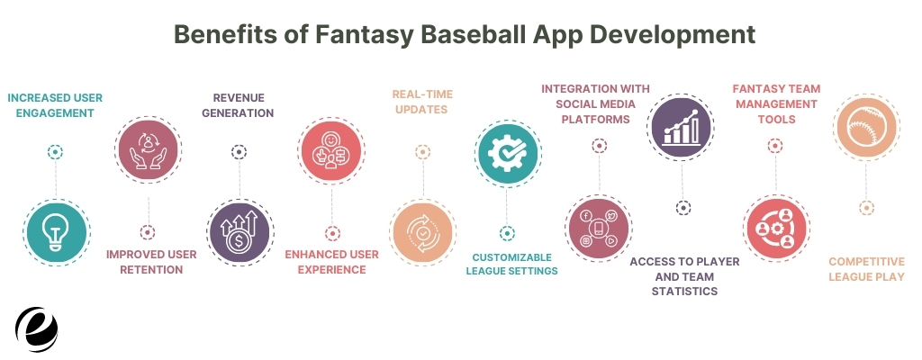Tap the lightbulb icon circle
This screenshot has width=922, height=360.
(57, 232)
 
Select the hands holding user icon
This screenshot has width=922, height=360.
(149, 149)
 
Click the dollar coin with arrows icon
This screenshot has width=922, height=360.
(240, 232)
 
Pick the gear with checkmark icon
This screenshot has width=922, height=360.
(508, 154)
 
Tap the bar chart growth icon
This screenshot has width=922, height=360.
(681, 127)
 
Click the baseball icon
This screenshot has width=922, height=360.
(865, 127)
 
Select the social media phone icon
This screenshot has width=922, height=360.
(599, 229)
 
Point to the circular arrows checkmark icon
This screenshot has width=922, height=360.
(423, 232)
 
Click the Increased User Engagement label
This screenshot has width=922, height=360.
(55, 105)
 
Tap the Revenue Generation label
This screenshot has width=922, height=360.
(238, 105)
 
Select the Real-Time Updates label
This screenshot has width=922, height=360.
(422, 102)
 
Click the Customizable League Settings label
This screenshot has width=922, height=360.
(511, 264)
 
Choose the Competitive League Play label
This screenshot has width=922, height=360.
(866, 269)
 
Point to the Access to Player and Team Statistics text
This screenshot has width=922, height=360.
(684, 276)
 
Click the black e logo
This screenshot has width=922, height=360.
(36, 328)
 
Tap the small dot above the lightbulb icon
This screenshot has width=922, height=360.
(55, 152)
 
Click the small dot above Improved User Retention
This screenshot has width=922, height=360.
(148, 232)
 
